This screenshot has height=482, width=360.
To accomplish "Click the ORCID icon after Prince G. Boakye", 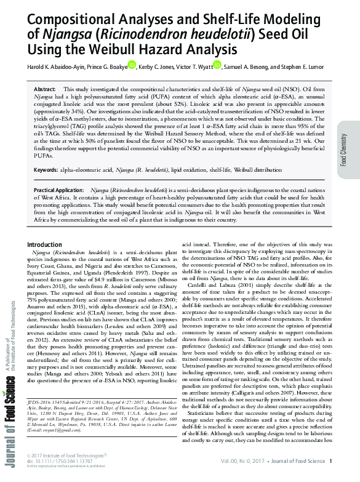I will tap(132, 65).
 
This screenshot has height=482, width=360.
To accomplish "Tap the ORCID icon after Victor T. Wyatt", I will tap(217, 65).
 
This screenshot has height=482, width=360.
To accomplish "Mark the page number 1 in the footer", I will tap(330, 462).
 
